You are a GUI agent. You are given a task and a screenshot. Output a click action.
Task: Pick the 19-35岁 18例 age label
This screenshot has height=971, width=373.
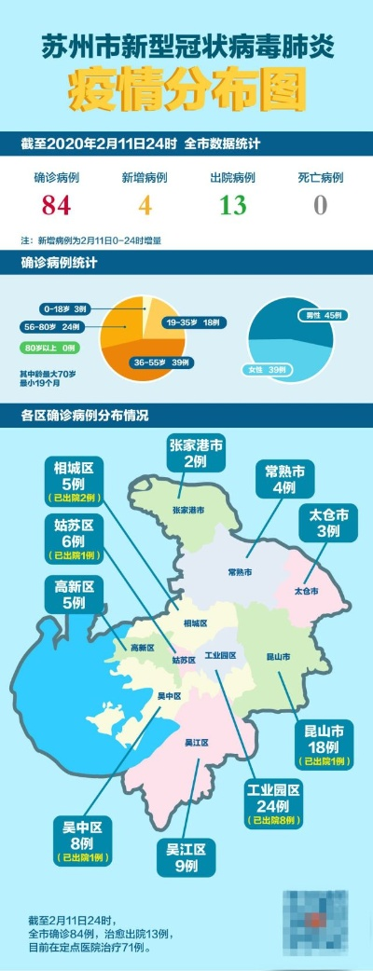[x=193, y=322]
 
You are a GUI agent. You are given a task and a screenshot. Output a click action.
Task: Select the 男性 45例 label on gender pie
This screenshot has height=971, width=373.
[x=322, y=315]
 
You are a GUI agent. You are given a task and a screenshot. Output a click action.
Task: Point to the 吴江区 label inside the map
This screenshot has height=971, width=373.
[x=196, y=742]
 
